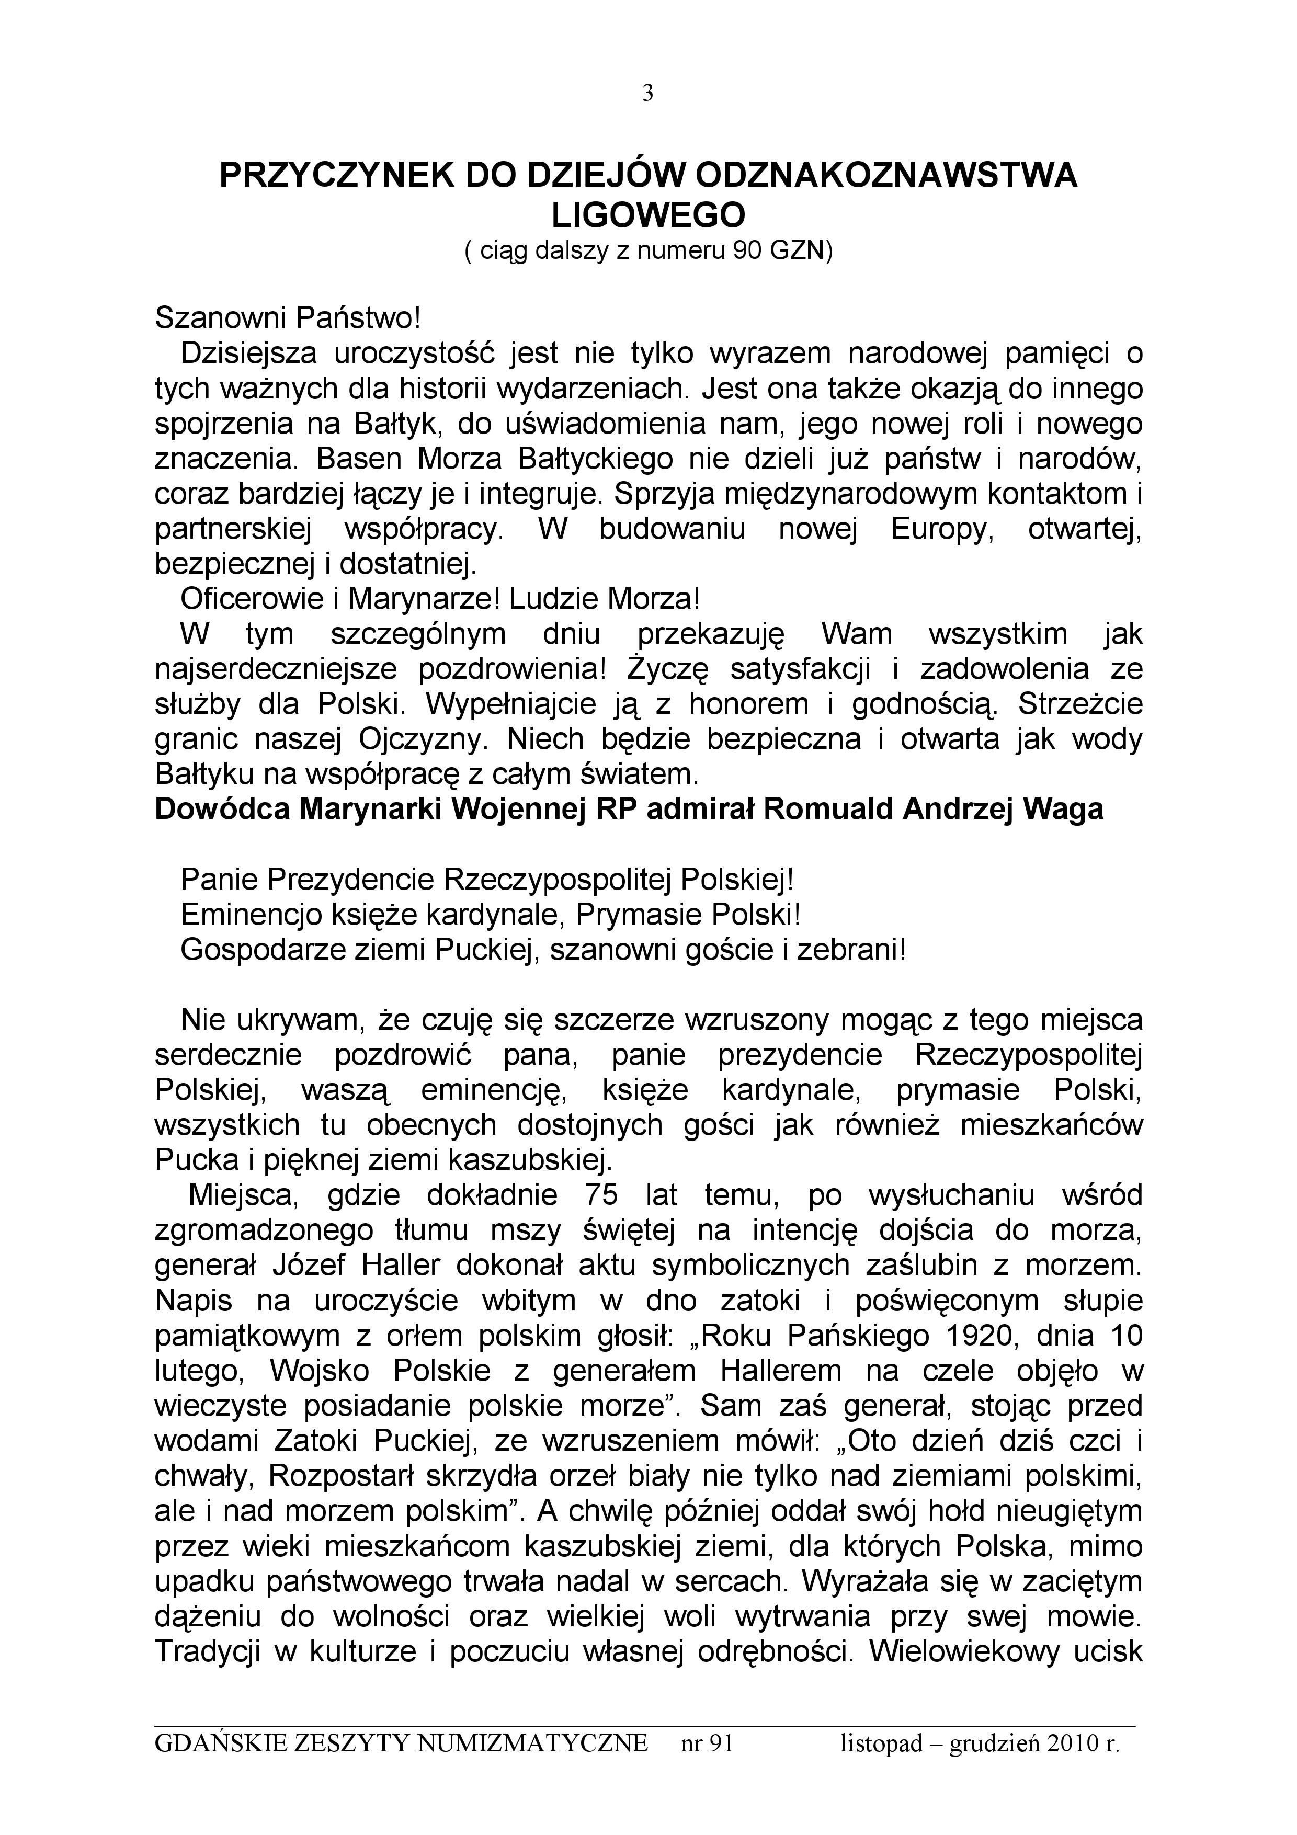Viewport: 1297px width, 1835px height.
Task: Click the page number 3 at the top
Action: [647, 94]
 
